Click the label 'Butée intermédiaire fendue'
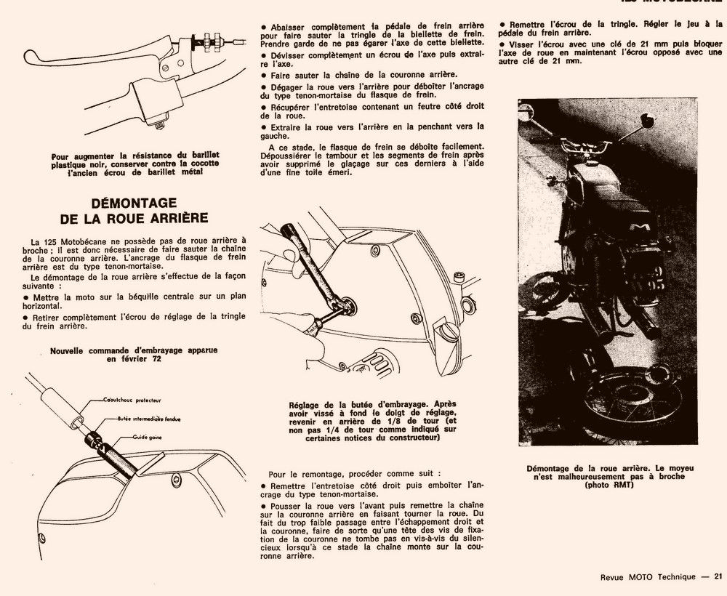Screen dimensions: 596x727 click(x=148, y=419)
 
